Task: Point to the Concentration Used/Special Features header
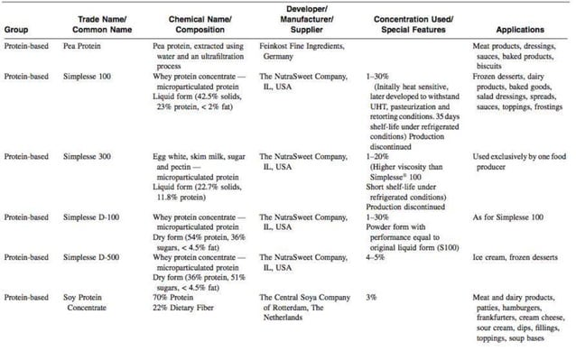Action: pyautogui.click(x=413, y=23)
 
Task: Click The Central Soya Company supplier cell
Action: pyautogui.click(x=306, y=305)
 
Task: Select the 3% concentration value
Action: pyautogui.click(x=372, y=296)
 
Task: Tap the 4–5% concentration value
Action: pyautogui.click(x=376, y=257)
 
